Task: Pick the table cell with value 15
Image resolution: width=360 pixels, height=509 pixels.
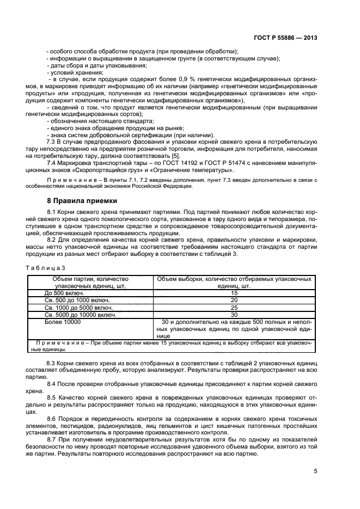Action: click(234, 293)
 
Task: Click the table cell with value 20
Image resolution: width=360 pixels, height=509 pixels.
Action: click(234, 300)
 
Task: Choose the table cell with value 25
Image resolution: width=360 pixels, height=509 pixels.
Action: click(234, 308)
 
